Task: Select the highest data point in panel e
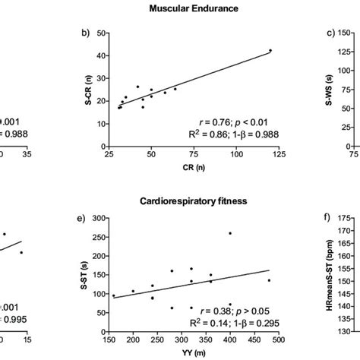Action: [230, 233]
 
